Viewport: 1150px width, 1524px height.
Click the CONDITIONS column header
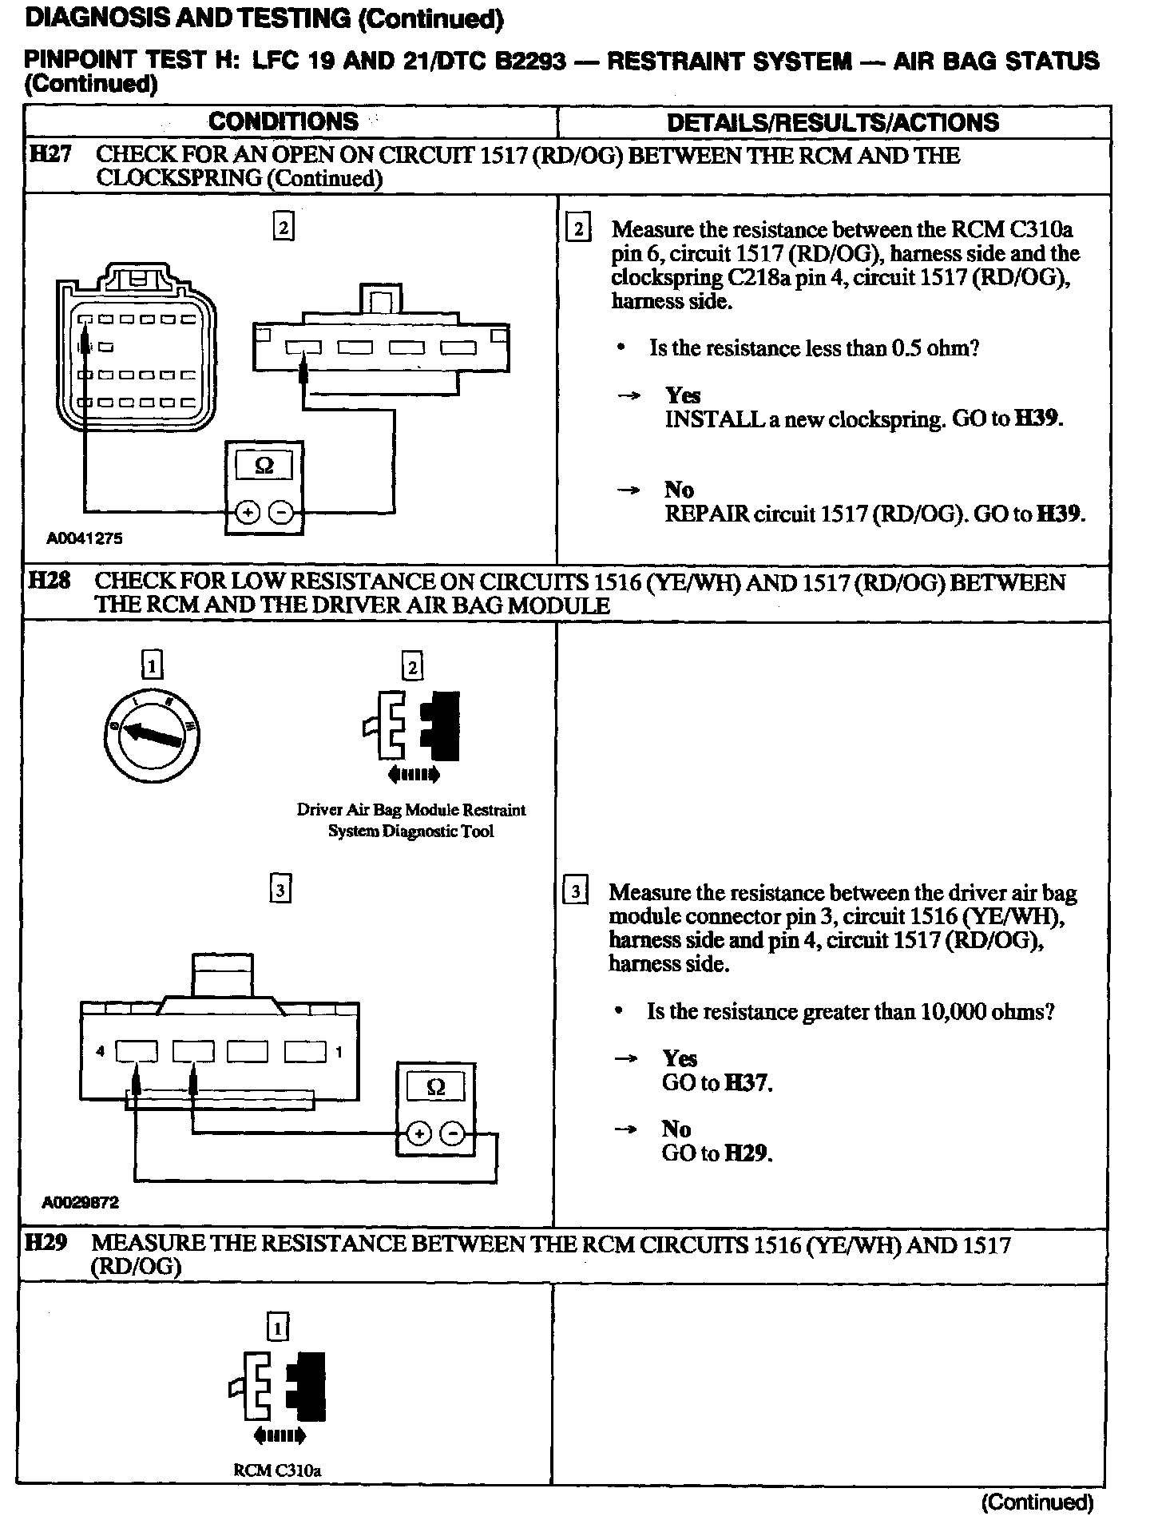tap(284, 121)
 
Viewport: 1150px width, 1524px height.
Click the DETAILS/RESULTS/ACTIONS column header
tap(832, 122)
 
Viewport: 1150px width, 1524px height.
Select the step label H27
tap(50, 155)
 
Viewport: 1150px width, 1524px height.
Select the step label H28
tap(49, 581)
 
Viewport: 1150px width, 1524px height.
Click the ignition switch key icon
tap(152, 733)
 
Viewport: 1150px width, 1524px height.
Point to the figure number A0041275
tap(85, 539)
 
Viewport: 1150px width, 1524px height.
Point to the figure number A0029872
tap(81, 1203)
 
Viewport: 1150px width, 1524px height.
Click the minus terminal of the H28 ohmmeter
tap(452, 1133)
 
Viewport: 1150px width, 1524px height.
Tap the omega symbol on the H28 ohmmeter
tap(436, 1087)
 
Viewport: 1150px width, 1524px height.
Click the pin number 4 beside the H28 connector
tap(101, 1052)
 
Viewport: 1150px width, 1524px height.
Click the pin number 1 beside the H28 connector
tap(339, 1052)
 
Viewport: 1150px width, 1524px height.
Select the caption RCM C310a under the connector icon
tap(277, 1469)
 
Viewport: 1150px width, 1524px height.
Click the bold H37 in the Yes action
tap(747, 1083)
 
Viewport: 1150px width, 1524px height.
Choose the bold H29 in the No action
tap(747, 1153)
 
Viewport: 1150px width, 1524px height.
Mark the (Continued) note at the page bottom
tap(1036, 1502)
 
